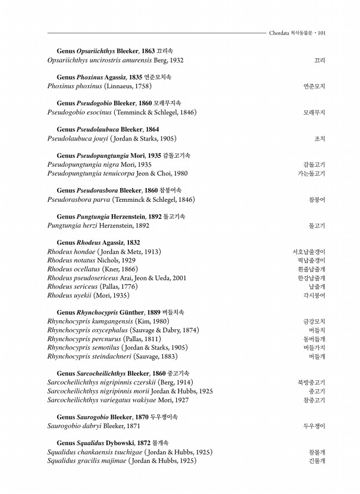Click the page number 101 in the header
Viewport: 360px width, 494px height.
pos(321,33)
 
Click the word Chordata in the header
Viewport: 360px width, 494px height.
pos(282,33)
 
